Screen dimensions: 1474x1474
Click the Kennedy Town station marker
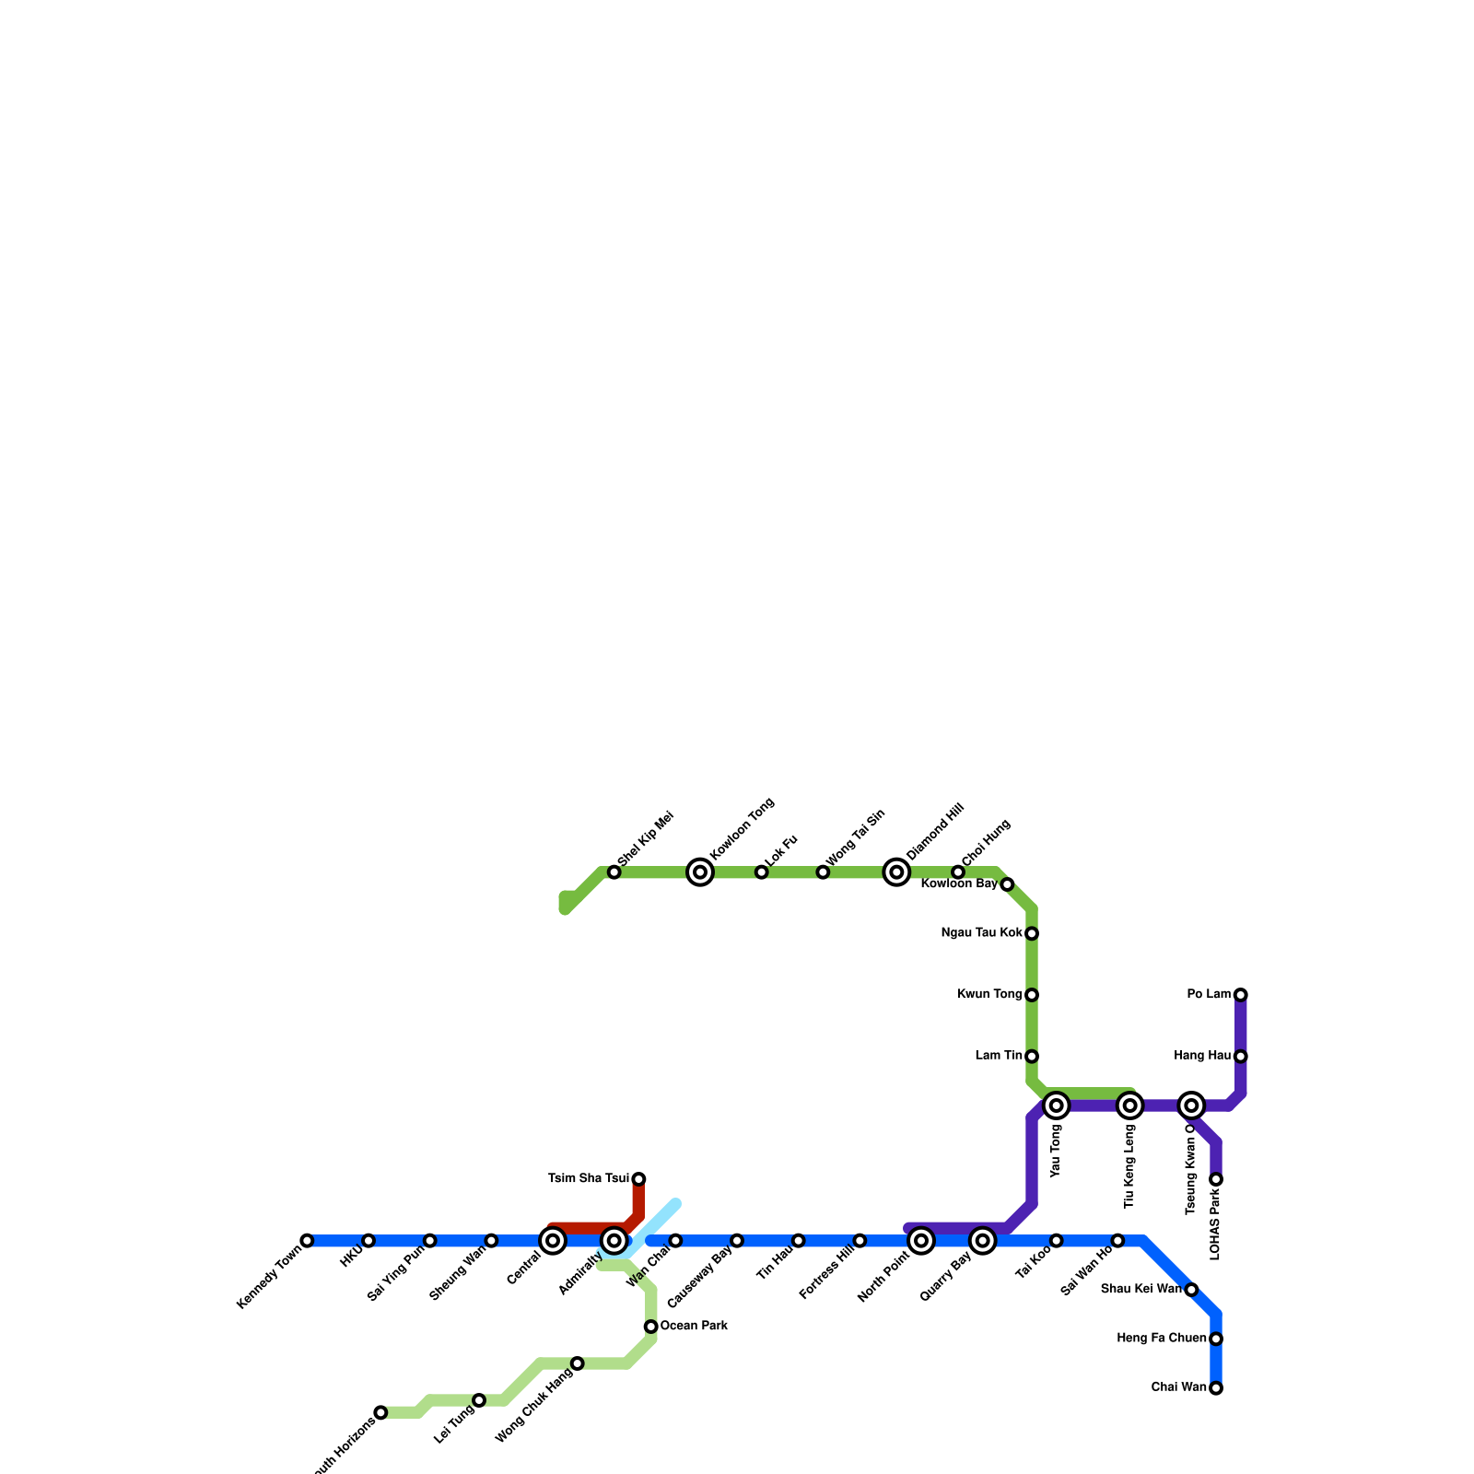tap(307, 1241)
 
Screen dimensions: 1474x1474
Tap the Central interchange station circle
tap(553, 1241)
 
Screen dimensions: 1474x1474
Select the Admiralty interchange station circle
tap(614, 1241)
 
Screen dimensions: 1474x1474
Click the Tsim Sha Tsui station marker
tap(638, 1179)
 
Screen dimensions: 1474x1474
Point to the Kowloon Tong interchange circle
tap(700, 872)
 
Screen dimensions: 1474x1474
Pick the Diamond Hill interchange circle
tap(896, 872)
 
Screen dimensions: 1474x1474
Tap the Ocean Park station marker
tap(651, 1327)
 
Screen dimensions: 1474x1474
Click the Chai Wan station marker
tap(1216, 1388)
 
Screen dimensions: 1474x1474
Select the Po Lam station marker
tap(1241, 995)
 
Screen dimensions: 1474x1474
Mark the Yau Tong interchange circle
tap(1057, 1105)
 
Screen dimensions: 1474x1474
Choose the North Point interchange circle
tap(921, 1241)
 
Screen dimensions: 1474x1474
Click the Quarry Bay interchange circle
tap(983, 1241)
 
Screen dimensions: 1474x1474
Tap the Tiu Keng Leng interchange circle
tap(1130, 1105)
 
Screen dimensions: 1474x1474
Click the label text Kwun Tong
tap(989, 995)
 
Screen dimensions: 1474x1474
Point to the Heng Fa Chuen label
tap(1161, 1339)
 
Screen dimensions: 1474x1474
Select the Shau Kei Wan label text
tap(1141, 1290)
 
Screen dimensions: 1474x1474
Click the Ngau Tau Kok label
tap(981, 933)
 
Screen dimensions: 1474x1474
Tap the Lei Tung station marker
tap(479, 1400)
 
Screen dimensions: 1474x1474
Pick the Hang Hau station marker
tap(1241, 1057)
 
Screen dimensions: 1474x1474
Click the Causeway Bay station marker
tap(737, 1241)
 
